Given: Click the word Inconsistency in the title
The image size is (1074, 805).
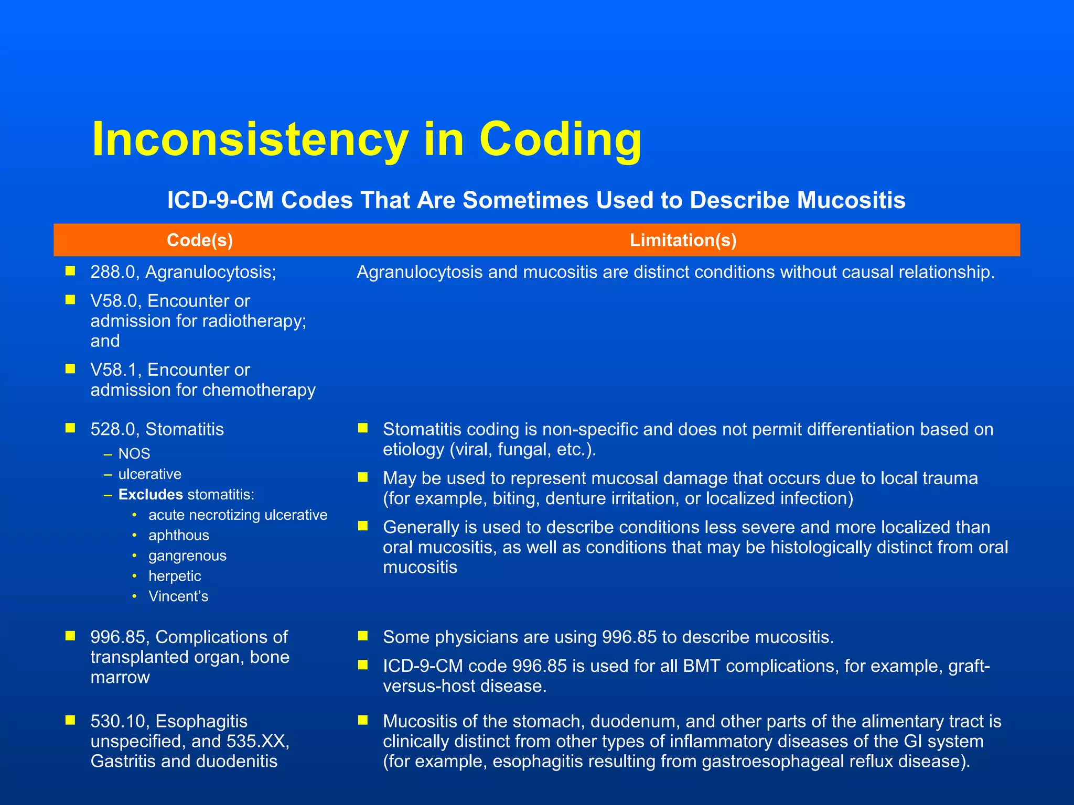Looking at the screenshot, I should pyautogui.click(x=250, y=139).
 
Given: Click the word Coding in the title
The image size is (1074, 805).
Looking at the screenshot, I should pyautogui.click(x=560, y=139).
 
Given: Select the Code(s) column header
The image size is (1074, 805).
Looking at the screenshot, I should pyautogui.click(x=200, y=240).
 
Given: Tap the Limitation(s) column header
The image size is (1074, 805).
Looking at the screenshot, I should pyautogui.click(x=683, y=240).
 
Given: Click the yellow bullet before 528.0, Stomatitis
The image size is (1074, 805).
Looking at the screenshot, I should pyautogui.click(x=70, y=428).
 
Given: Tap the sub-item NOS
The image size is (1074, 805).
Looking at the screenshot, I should pyautogui.click(x=134, y=454).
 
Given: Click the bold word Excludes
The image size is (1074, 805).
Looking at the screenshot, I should pyautogui.click(x=151, y=495).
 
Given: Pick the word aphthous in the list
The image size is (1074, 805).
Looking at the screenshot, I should pyautogui.click(x=179, y=536).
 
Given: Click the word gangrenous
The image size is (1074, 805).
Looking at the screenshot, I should pyautogui.click(x=187, y=556).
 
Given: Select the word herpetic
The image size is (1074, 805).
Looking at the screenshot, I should pyautogui.click(x=175, y=576).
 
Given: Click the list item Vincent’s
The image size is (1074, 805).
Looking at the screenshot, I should pyautogui.click(x=178, y=596).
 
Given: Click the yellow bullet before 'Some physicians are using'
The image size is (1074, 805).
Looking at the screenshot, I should pyautogui.click(x=363, y=636).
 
